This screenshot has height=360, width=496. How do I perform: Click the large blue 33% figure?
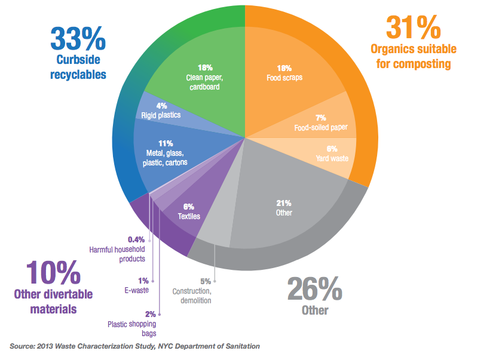[x=78, y=39]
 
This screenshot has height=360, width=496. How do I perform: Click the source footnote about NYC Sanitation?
[x=134, y=346]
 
